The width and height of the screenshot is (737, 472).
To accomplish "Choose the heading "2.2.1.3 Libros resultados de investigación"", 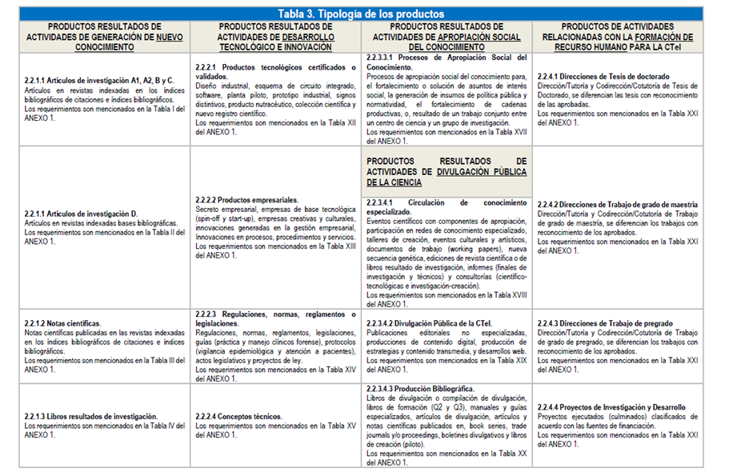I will (x=91, y=416).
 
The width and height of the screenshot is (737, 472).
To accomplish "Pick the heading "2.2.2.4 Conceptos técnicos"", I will (x=238, y=416).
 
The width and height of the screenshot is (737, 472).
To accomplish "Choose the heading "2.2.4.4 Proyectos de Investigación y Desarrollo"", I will (x=611, y=407).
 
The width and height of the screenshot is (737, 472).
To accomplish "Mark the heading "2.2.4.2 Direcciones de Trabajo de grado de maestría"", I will (x=617, y=205).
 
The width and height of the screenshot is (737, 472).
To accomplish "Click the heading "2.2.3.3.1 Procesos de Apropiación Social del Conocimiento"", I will (x=446, y=62).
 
